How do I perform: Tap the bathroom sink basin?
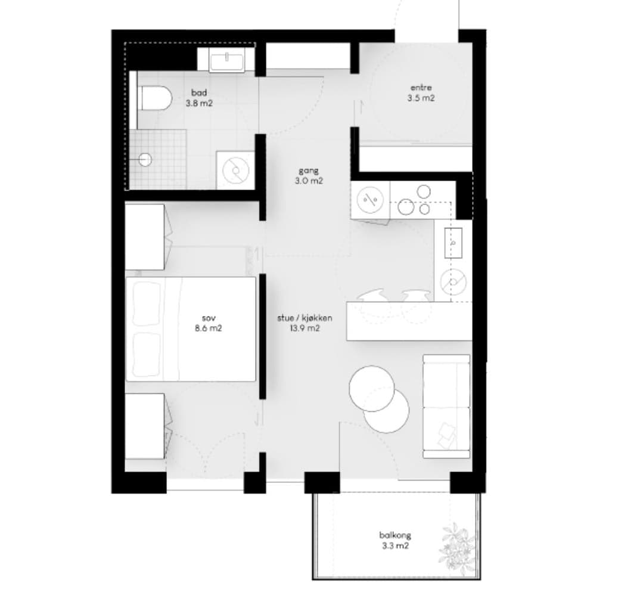(227, 61)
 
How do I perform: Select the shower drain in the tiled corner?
(145, 160)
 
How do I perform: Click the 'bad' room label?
(199, 93)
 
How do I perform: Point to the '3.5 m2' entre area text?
(421, 98)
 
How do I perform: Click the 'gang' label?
(308, 171)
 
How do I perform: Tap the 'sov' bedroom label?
(209, 318)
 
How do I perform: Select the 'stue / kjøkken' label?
(305, 318)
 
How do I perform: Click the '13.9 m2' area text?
(305, 328)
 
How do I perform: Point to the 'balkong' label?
(395, 535)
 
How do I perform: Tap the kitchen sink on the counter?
(453, 243)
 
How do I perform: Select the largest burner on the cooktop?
(406, 206)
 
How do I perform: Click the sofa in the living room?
(446, 406)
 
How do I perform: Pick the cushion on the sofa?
(446, 435)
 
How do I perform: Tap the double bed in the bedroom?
(191, 329)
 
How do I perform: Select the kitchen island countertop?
(409, 321)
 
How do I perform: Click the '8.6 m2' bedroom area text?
(209, 328)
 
